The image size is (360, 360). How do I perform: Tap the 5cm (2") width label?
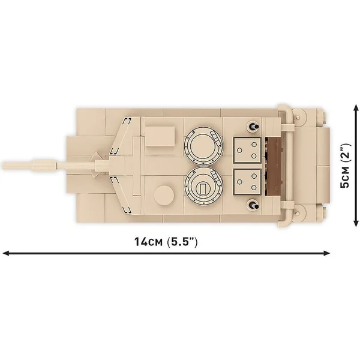[x=345, y=166]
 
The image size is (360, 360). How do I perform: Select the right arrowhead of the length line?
[x=326, y=253]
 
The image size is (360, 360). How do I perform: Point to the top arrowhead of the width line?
[x=356, y=107]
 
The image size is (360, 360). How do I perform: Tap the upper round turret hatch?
[x=203, y=146]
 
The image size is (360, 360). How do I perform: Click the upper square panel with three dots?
[x=247, y=151]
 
